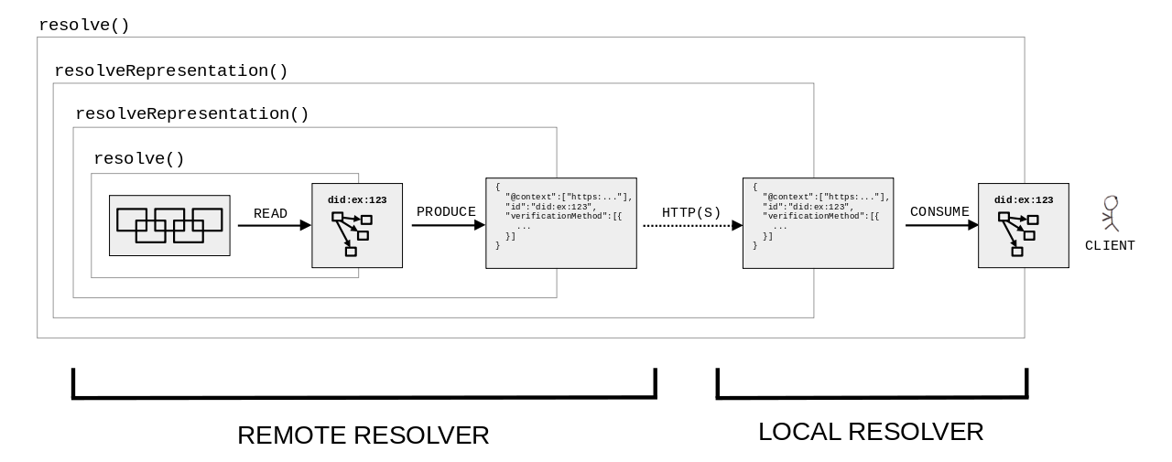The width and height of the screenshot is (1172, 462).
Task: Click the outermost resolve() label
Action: [84, 26]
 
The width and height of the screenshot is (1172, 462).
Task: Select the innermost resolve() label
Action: [139, 159]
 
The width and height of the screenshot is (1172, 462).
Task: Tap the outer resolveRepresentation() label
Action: [171, 71]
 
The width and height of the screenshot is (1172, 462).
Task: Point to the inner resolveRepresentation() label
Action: [192, 114]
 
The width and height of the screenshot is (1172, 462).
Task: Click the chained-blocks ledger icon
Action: [169, 225]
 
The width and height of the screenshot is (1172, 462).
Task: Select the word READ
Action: [270, 214]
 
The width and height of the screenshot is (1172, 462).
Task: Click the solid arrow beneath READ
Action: [274, 225]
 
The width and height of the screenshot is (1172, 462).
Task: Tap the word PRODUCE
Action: [446, 212]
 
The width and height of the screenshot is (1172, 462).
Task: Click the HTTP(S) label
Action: [691, 213]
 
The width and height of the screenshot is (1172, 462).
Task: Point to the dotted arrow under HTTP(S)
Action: [691, 225]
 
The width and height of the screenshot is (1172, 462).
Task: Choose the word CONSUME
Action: [939, 212]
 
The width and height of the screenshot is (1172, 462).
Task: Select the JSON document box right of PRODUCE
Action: [560, 223]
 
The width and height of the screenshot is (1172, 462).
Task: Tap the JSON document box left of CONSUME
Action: [818, 223]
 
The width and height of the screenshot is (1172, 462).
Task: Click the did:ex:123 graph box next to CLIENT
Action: [1024, 225]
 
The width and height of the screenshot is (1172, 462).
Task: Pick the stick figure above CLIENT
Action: [1111, 214]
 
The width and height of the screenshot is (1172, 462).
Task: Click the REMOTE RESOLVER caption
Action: [364, 435]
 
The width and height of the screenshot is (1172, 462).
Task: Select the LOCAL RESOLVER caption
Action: [871, 432]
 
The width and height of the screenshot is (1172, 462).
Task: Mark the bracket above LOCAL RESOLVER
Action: [872, 396]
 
